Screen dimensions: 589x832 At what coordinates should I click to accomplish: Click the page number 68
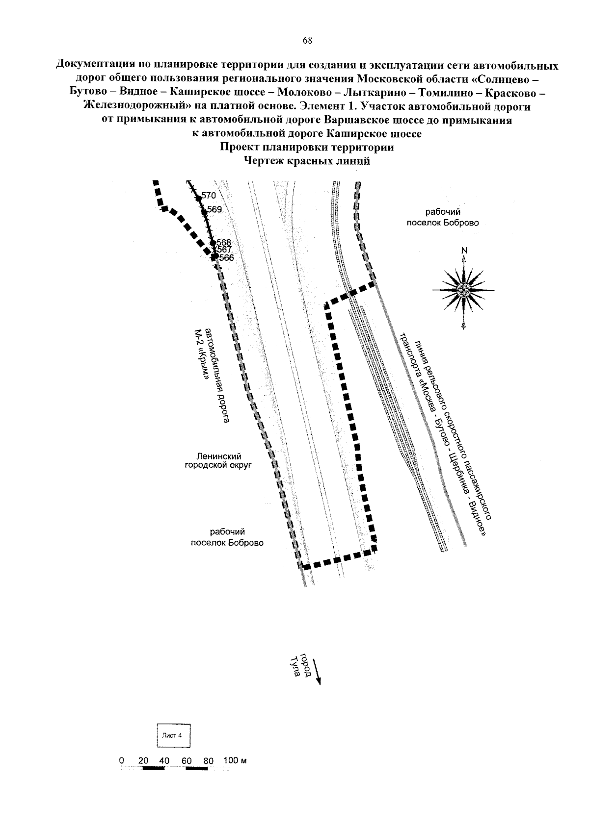(x=308, y=41)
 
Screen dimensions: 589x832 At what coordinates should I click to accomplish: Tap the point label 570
(x=208, y=195)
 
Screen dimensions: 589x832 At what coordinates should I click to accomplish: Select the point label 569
(x=214, y=209)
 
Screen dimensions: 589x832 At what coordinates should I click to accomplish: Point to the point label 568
(x=224, y=243)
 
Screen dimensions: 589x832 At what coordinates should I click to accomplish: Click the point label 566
(x=226, y=258)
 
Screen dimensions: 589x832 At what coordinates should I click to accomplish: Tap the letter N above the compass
(x=464, y=251)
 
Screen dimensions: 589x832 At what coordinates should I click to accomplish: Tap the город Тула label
(x=300, y=665)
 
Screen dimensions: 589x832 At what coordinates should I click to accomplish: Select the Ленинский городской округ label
(x=218, y=460)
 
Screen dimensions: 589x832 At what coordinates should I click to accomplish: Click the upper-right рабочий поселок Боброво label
(x=443, y=217)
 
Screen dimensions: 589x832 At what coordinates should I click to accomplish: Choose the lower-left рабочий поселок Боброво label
(x=227, y=537)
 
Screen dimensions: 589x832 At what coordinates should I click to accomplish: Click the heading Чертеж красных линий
(x=307, y=161)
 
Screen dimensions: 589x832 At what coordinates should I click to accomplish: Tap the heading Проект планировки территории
(x=307, y=147)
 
